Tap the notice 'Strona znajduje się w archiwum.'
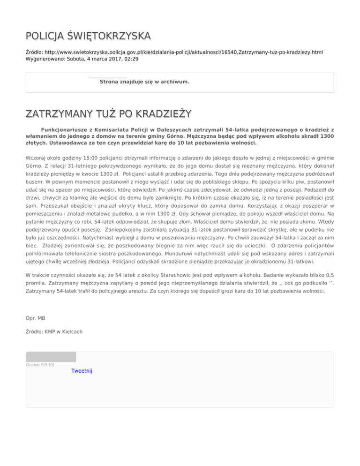pos(144,82)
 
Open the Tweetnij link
pos(82,371)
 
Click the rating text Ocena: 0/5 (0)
pos(40,365)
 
